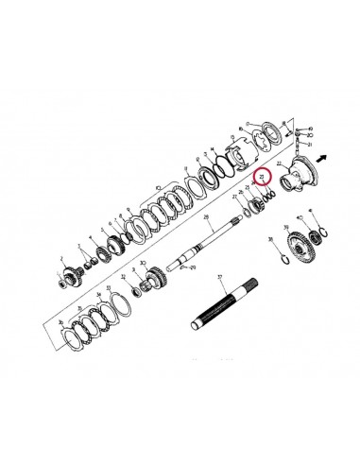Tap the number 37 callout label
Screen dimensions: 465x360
tap(218, 278)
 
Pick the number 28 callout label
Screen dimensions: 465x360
tap(207, 218)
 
